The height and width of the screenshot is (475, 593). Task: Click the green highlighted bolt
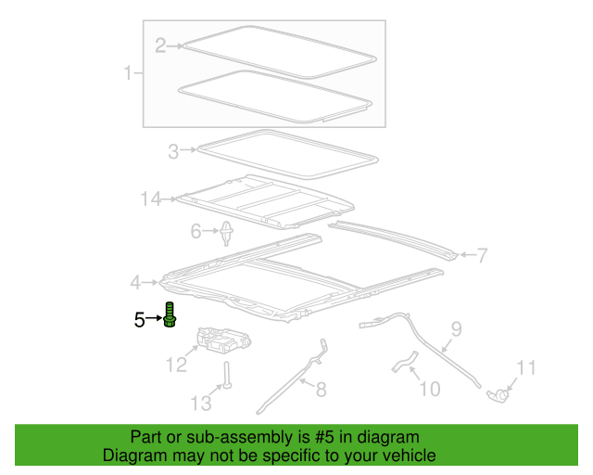170,315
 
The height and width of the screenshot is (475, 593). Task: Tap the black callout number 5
140,320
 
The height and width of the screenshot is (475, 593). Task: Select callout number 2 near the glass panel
160,45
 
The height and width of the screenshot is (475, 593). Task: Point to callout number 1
128,72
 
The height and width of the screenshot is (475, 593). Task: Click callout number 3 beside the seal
173,151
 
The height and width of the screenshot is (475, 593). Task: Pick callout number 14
151,199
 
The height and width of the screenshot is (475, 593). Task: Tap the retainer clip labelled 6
226,233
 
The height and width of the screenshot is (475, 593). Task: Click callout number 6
196,231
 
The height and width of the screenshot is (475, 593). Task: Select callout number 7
482,255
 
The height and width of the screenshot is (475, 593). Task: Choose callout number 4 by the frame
135,283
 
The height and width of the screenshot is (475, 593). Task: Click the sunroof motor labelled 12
223,340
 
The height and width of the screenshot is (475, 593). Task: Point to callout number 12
177,365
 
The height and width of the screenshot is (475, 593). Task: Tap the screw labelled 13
227,375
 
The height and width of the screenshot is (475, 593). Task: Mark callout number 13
201,404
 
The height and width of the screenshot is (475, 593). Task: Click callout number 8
322,390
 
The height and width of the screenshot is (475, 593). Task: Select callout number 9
457,328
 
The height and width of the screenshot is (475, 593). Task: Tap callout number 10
430,389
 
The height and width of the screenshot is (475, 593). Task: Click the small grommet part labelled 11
498,395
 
